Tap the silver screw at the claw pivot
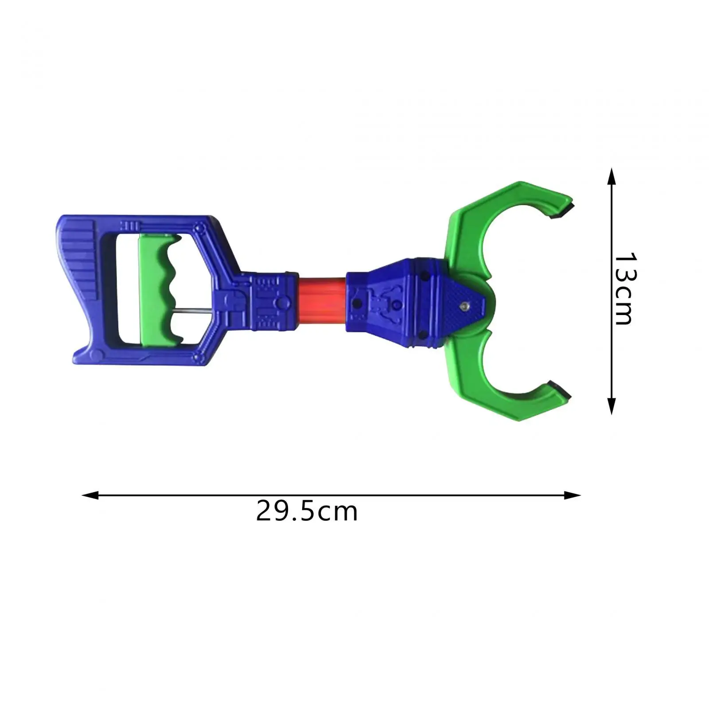464,305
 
